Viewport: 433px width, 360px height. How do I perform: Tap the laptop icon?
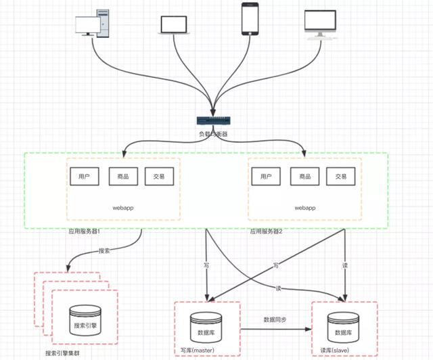pyautogui.click(x=175, y=24)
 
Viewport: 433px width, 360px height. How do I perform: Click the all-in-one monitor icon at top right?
pyautogui.click(x=320, y=24)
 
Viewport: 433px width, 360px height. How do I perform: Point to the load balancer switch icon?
pyautogui.click(x=213, y=120)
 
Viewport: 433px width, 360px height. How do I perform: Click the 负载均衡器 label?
pyautogui.click(x=213, y=134)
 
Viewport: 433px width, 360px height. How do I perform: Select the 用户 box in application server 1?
pyautogui.click(x=85, y=177)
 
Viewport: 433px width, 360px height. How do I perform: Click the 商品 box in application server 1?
pyautogui.click(x=123, y=177)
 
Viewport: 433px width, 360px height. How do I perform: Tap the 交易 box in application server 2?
pyautogui.click(x=340, y=177)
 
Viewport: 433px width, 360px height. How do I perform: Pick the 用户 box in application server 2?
pyautogui.click(x=266, y=177)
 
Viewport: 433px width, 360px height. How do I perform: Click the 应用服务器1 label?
pyautogui.click(x=84, y=231)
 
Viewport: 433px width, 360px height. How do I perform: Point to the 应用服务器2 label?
pyautogui.click(x=266, y=231)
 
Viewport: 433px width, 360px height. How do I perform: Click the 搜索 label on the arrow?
pyautogui.click(x=104, y=250)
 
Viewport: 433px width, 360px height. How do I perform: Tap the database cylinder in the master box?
pyautogui.click(x=206, y=328)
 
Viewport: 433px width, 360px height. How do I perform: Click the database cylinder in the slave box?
pyautogui.click(x=343, y=328)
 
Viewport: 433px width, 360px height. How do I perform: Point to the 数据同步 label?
pyautogui.click(x=276, y=319)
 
